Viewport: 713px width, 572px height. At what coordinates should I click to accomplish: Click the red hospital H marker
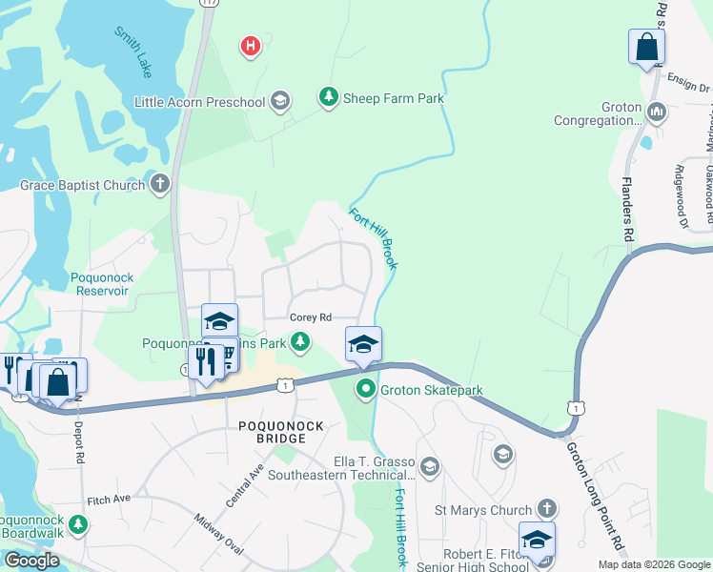click(250, 45)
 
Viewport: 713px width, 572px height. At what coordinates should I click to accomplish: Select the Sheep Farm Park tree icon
click(328, 98)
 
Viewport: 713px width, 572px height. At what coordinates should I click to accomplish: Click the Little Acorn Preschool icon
click(280, 101)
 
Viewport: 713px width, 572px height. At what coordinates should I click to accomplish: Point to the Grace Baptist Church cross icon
click(160, 184)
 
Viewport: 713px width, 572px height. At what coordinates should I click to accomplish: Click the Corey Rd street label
click(310, 317)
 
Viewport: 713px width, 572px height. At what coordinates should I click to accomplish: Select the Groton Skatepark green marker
click(365, 389)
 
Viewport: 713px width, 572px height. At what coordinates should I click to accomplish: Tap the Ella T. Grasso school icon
click(429, 466)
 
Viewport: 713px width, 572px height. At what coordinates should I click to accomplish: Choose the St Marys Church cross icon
click(546, 510)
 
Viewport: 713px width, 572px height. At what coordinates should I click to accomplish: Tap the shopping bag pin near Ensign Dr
click(646, 48)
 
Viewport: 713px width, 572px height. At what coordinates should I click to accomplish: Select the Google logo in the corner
click(31, 561)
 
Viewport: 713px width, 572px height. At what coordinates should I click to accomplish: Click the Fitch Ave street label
click(108, 499)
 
